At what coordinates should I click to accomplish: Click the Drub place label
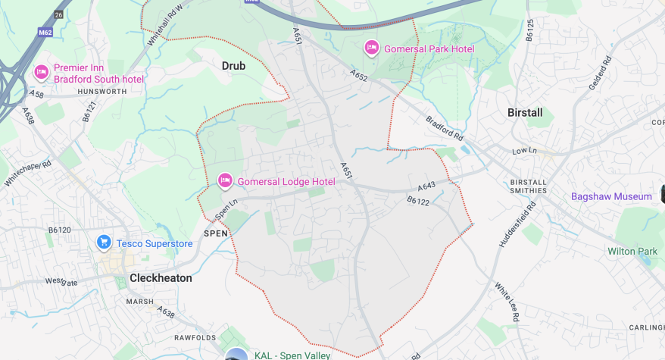(233, 66)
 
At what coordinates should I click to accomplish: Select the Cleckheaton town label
(161, 278)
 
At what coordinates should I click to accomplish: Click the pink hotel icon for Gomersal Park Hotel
(371, 49)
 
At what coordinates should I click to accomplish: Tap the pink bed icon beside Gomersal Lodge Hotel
(225, 181)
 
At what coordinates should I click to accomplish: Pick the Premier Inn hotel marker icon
(41, 72)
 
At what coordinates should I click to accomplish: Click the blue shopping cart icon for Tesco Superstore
(104, 243)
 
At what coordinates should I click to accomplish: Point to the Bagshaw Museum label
(611, 196)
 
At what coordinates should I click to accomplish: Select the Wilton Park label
(632, 251)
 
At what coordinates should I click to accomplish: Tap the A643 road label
(426, 186)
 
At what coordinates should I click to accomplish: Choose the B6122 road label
(418, 201)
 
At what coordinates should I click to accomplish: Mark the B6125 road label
(530, 30)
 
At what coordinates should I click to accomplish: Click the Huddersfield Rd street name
(512, 228)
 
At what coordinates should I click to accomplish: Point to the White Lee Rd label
(507, 302)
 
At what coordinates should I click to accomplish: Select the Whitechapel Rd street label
(27, 174)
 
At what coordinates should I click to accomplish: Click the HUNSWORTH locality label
(80, 91)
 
